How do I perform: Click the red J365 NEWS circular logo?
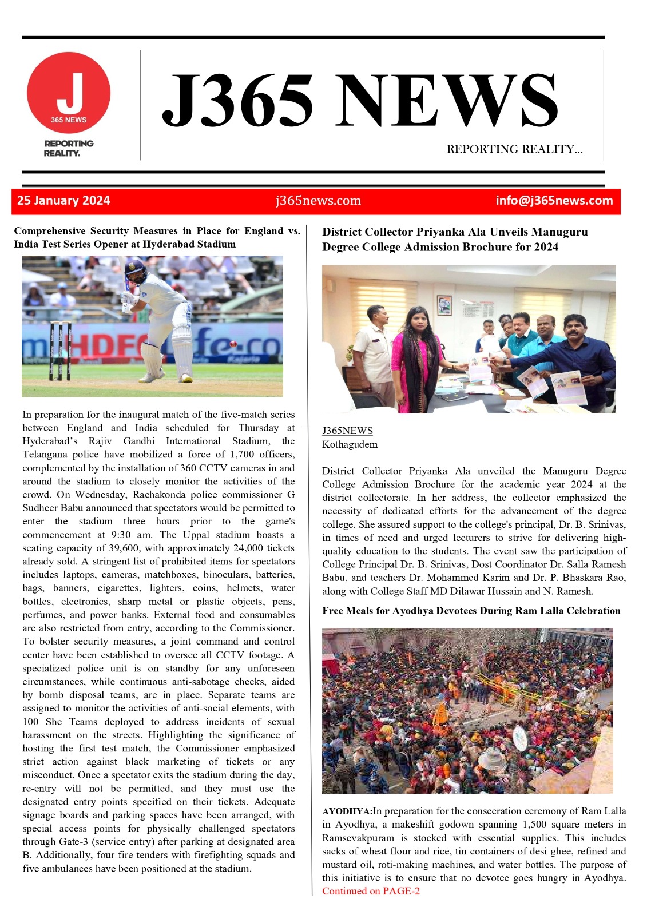point(69,93)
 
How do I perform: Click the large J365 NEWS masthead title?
point(360,101)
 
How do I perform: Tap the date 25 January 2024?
point(63,201)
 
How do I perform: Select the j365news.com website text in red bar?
point(318,201)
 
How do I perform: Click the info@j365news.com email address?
point(554,201)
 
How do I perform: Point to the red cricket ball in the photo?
point(233,344)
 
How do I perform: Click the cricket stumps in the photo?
point(61,351)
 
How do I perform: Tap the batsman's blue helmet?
point(135,266)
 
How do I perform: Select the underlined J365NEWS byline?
point(347,431)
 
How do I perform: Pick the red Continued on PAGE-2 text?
point(371,891)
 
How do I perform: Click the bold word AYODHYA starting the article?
point(346,811)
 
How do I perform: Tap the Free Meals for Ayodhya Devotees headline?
point(471,611)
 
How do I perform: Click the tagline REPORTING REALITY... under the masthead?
point(514,149)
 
